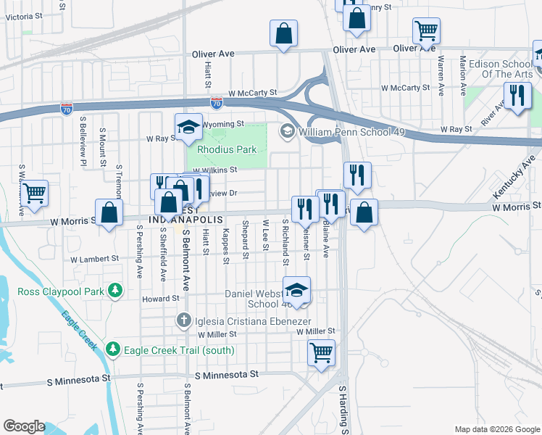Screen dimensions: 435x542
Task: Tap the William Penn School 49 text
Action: pos(351,133)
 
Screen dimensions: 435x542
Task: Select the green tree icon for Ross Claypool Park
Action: pos(114,291)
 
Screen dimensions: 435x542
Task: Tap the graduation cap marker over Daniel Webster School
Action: pos(296,290)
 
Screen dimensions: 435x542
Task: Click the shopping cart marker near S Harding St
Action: pos(321,353)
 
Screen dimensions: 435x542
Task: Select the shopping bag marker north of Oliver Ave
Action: pos(284,33)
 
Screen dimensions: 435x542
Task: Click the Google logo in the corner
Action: pos(24,426)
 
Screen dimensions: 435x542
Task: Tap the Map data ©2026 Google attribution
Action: pos(496,429)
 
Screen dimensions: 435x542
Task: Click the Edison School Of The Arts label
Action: pos(500,69)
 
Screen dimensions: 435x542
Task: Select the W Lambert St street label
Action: pos(94,259)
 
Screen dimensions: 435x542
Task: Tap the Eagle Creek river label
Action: pos(79,331)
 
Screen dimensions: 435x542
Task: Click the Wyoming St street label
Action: pos(223,124)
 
